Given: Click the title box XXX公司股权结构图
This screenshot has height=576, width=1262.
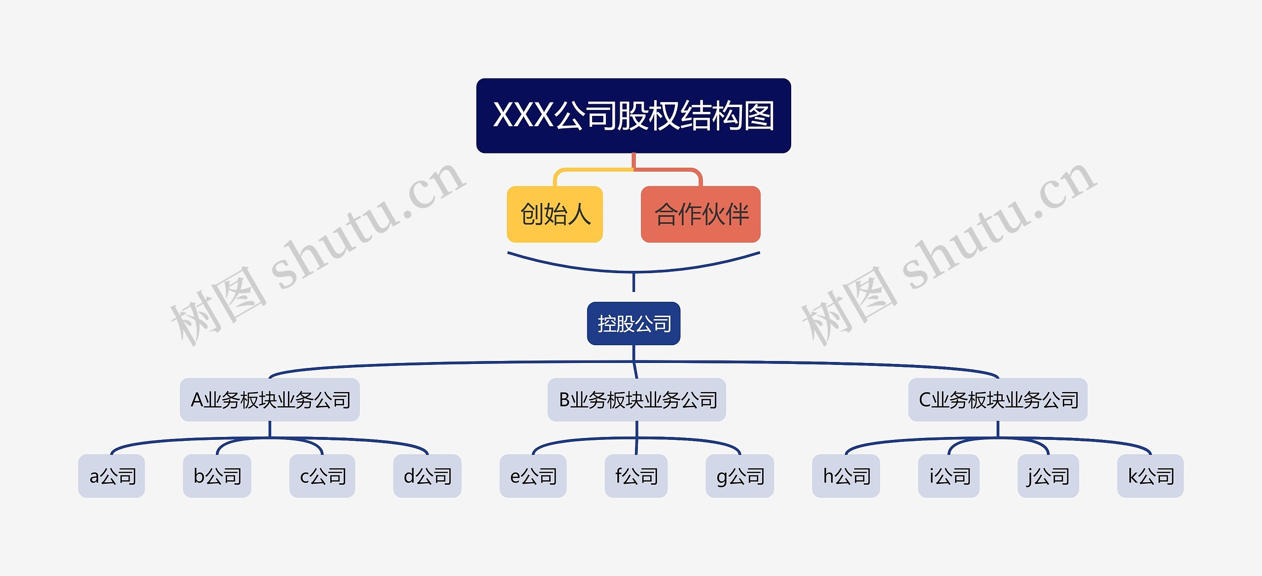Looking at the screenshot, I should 633,115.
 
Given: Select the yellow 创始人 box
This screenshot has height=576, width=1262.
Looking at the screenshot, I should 555,214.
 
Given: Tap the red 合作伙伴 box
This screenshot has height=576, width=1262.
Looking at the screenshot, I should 701,214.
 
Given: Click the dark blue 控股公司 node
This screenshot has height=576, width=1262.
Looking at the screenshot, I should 633,324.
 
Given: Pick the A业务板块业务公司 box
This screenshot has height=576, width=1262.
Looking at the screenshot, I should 270,399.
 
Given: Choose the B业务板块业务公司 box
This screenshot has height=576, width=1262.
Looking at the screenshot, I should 636,399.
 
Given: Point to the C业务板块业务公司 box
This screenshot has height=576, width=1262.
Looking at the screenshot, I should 998,399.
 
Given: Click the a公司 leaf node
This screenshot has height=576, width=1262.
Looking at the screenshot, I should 111,476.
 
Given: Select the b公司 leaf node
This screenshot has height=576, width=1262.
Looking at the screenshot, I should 217,476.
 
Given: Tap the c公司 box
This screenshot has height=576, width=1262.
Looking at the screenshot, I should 322,476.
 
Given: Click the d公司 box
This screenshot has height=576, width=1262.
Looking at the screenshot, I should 427,476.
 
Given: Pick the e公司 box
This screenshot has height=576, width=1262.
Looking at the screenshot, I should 533,476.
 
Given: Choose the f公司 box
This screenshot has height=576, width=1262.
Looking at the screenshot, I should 636,476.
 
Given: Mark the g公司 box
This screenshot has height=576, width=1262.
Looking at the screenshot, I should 739,476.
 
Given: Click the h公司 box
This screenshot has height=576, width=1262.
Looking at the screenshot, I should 846,476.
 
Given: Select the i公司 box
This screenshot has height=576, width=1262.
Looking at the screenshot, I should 948,476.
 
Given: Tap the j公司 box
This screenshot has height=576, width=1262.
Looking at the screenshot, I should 1048,476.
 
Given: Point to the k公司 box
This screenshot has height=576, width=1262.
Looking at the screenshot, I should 1150,476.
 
